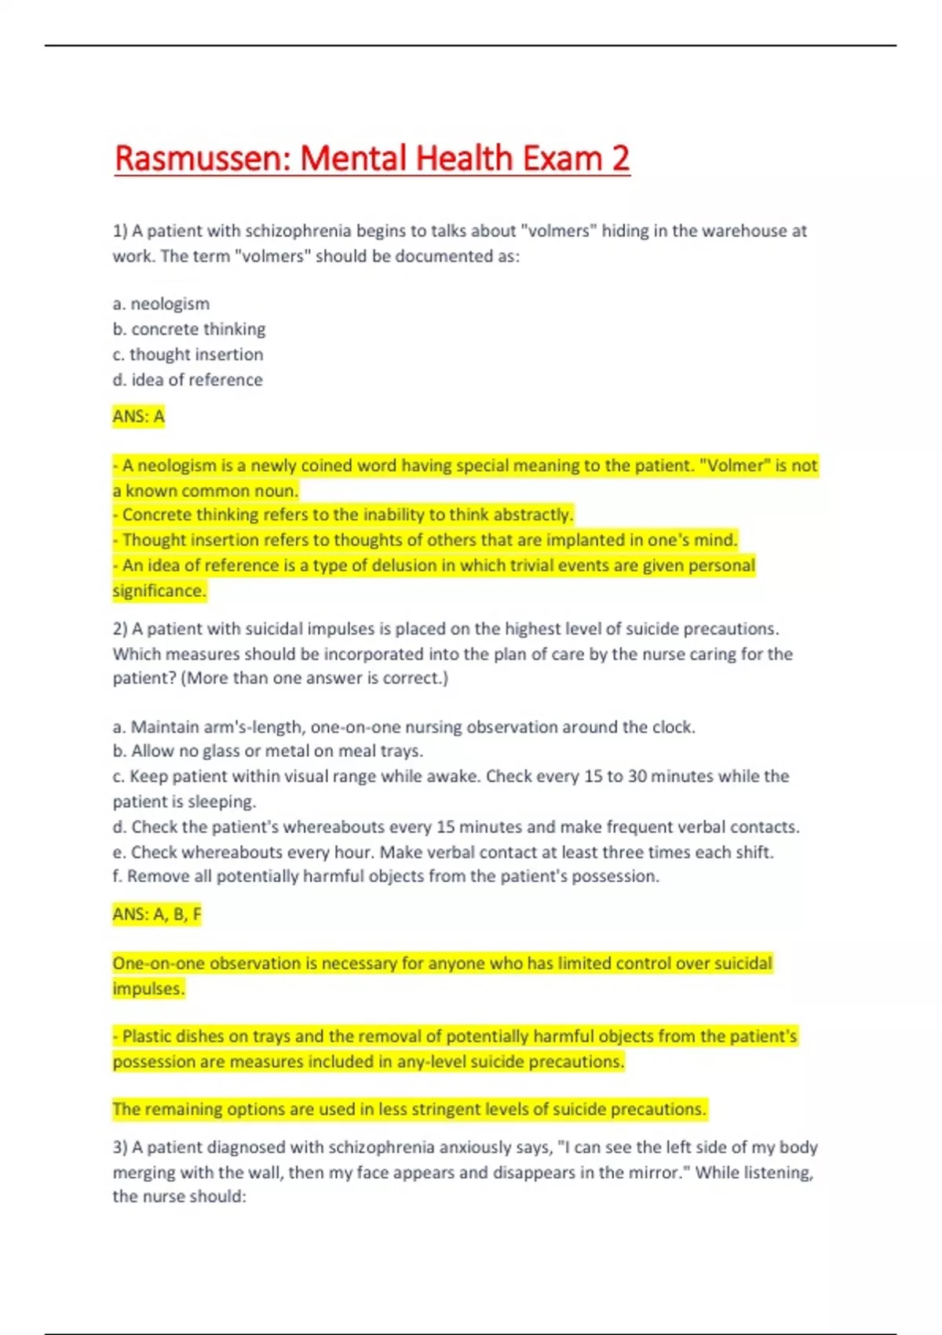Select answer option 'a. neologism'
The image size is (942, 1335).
point(161,304)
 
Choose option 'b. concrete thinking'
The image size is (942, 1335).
point(188,329)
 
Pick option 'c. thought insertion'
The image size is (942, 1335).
point(188,354)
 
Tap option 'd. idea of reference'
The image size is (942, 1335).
point(188,380)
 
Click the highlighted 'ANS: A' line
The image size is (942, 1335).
point(138,416)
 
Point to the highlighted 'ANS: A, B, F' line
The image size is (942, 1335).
point(156,914)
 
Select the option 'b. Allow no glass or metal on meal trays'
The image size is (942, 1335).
point(268,752)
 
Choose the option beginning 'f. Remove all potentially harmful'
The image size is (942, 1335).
point(385,876)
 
